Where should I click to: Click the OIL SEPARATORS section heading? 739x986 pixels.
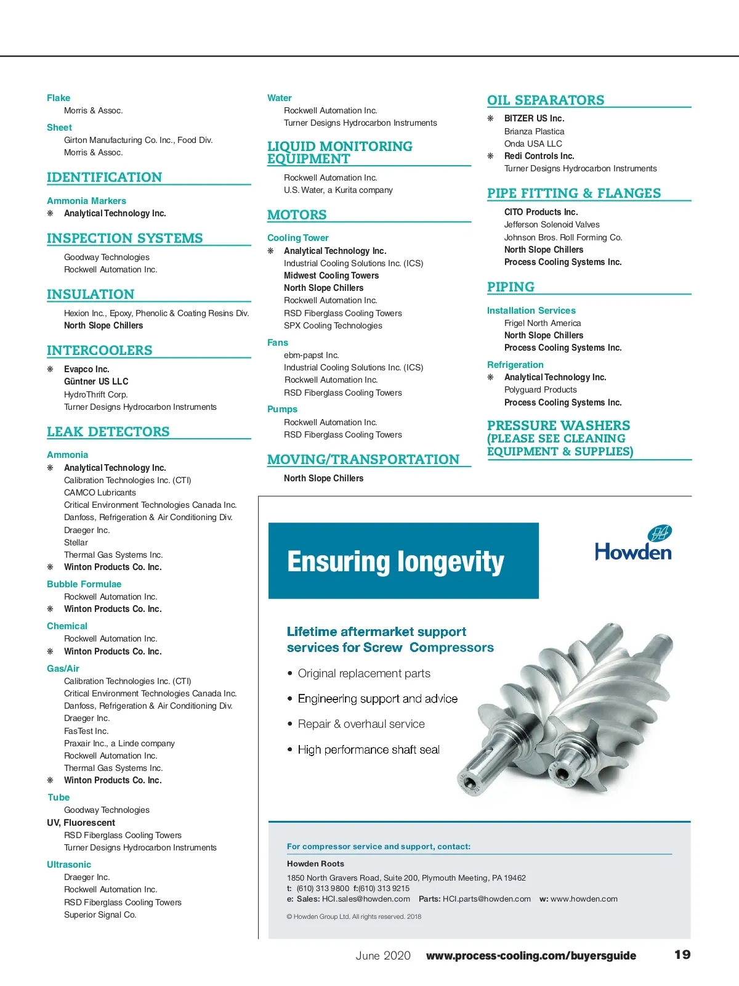tap(546, 100)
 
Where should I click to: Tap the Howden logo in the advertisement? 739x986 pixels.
tap(633, 544)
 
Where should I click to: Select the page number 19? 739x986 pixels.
tap(682, 955)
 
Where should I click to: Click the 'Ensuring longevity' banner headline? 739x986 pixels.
tap(395, 562)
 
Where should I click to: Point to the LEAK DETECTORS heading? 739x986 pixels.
tap(108, 432)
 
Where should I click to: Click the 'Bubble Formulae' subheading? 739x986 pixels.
tap(84, 584)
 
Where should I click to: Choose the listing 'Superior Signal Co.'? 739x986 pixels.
tap(100, 915)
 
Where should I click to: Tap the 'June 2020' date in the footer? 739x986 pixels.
tap(382, 955)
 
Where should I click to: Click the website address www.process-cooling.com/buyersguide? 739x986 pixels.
tap(531, 956)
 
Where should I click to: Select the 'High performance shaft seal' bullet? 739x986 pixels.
tap(368, 750)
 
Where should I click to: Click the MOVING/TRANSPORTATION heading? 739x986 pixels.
tap(363, 460)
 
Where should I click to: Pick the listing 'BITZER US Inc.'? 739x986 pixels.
tap(534, 118)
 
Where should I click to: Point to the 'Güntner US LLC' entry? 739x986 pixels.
tap(96, 381)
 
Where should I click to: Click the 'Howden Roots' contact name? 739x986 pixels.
tap(315, 864)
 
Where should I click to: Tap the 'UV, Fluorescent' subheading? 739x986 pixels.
tap(81, 823)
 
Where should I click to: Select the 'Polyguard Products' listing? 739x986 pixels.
tap(540, 389)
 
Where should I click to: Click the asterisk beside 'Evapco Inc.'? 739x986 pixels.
tap(50, 369)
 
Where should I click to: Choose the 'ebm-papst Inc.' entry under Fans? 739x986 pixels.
tap(311, 355)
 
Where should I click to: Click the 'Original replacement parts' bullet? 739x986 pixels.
tap(364, 674)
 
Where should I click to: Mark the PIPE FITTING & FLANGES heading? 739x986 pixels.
tap(573, 194)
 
